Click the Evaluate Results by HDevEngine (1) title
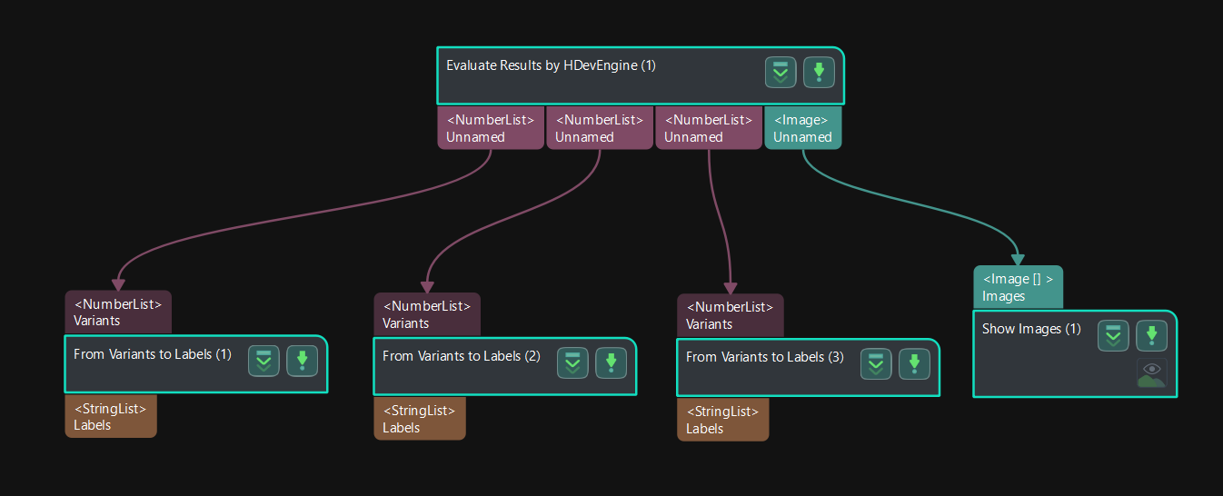tap(551, 65)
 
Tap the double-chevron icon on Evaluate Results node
tap(781, 73)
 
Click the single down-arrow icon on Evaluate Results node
tap(819, 73)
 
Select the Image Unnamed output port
tap(802, 128)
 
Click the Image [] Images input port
tap(1017, 287)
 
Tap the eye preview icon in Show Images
tap(1151, 373)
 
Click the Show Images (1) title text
tap(1031, 329)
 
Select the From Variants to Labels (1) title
tap(153, 354)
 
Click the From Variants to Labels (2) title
tap(462, 356)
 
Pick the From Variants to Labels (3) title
tap(765, 357)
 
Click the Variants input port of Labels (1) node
tap(117, 312)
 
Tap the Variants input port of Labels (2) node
tap(426, 314)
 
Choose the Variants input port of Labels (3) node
tap(730, 315)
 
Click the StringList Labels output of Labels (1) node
tap(110, 416)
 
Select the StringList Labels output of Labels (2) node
tap(419, 419)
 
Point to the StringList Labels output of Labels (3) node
tap(722, 420)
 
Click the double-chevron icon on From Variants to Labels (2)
tap(572, 363)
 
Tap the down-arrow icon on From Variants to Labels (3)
tap(914, 364)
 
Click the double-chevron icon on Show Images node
tap(1113, 336)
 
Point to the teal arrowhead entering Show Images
tap(1018, 260)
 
